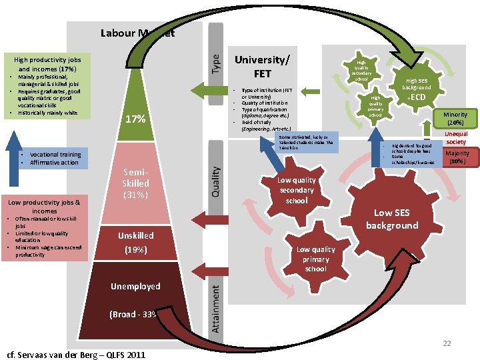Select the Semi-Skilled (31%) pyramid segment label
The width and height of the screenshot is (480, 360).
tap(136, 183)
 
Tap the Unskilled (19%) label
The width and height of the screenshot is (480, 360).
tap(136, 243)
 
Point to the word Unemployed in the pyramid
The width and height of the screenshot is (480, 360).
tap(136, 286)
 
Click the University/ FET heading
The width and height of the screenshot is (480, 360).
tap(262, 65)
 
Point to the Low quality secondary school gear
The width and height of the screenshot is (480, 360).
tap(297, 190)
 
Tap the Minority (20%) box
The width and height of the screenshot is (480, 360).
tap(456, 119)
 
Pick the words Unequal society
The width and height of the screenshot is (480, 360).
tap(456, 137)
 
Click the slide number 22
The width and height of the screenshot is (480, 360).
tap(447, 343)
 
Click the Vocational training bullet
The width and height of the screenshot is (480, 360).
tap(55, 155)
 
